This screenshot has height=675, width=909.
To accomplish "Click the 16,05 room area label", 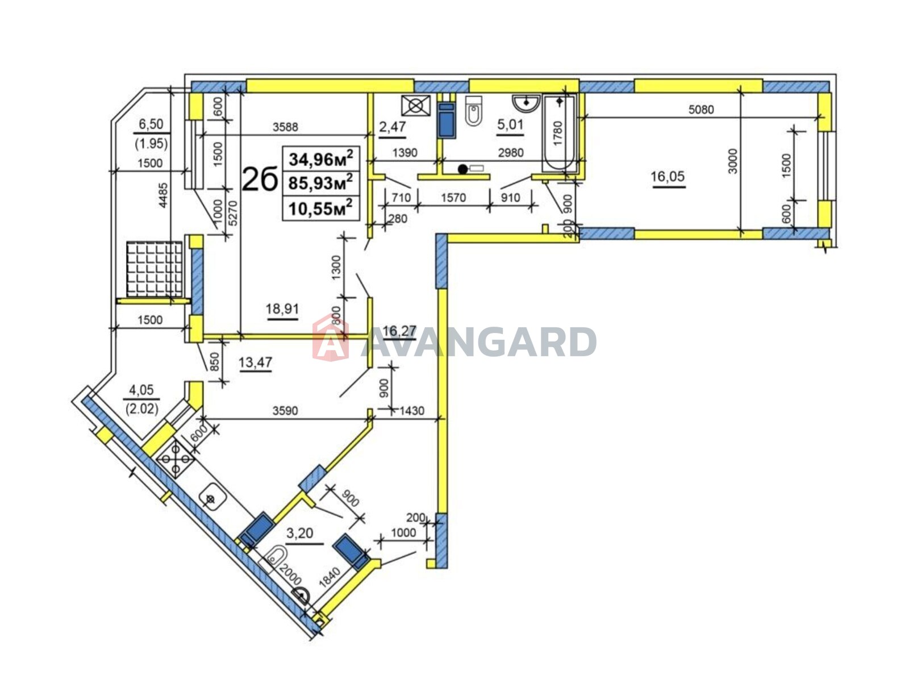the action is (x=668, y=177).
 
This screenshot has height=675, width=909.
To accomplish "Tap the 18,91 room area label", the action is (x=282, y=309).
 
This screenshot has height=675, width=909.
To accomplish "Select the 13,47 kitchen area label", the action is (x=255, y=363).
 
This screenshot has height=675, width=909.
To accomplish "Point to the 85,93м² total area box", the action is (x=320, y=182).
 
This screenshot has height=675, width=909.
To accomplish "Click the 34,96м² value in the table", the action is (x=320, y=159).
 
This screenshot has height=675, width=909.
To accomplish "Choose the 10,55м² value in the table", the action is (x=320, y=208).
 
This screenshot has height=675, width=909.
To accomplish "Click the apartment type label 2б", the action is (x=260, y=180).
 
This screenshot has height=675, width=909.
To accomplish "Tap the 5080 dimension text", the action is (x=701, y=110).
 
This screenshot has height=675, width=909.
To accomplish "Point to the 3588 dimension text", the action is (x=285, y=127).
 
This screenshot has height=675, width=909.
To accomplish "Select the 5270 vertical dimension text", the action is (x=233, y=213).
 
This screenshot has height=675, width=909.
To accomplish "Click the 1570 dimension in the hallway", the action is (x=453, y=198).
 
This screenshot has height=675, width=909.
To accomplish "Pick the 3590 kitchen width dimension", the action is (x=285, y=410).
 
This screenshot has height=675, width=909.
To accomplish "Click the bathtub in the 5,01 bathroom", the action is (x=560, y=133).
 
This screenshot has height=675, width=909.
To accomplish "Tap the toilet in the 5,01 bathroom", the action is (x=473, y=111).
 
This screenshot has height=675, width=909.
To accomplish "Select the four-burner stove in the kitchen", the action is (x=176, y=459).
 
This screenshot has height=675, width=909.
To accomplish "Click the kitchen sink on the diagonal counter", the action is (x=212, y=498).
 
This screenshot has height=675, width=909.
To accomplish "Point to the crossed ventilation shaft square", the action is (x=415, y=106).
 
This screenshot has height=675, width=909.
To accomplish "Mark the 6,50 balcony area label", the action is (x=151, y=123).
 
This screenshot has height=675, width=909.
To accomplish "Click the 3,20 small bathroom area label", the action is (x=299, y=533).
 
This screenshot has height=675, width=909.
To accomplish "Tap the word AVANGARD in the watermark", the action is (x=479, y=341).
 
